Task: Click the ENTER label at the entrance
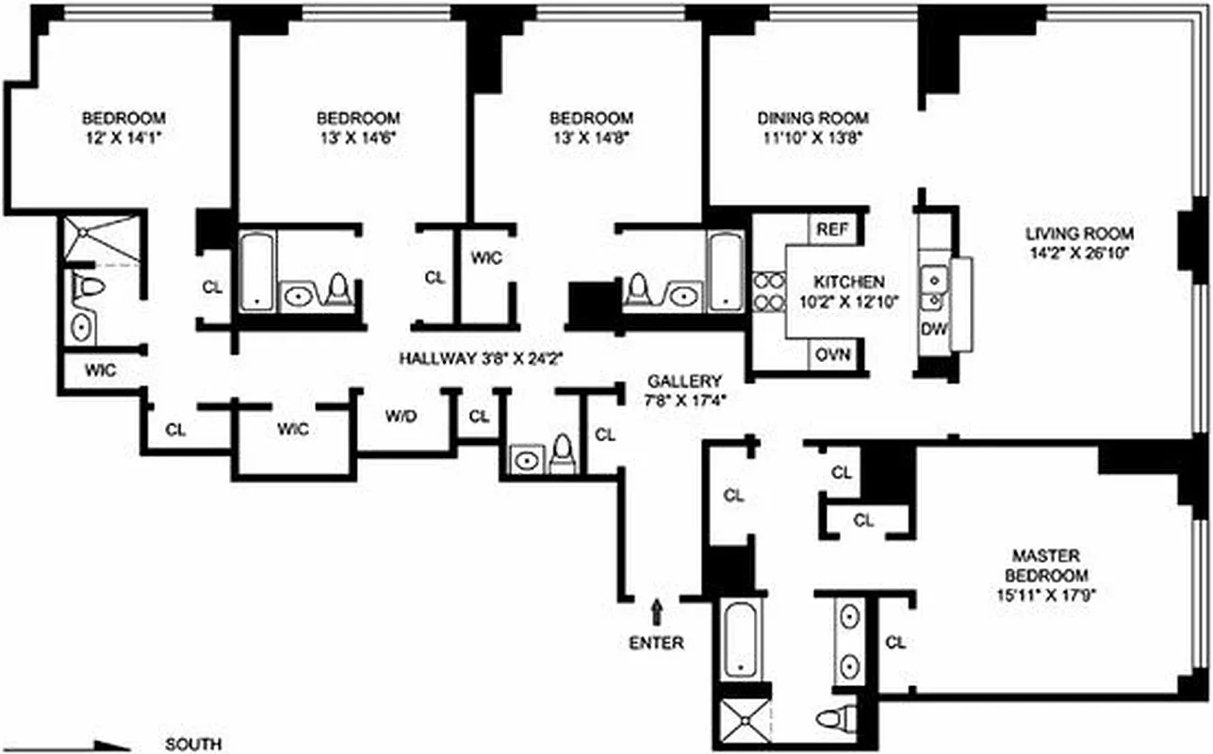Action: pos(657,644)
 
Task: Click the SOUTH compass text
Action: pos(193,744)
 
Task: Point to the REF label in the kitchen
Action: pos(831,228)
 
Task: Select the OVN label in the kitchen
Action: pos(833,354)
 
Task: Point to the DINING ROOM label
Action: pos(812,119)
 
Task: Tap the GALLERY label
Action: pos(684,381)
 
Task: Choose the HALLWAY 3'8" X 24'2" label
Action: pos(481,358)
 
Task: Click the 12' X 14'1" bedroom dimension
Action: pos(124,137)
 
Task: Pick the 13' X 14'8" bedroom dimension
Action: pos(591,137)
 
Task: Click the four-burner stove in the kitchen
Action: pos(765,291)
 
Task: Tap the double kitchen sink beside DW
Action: pos(934,288)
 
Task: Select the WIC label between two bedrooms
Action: pos(486,257)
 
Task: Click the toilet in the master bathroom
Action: pos(834,718)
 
